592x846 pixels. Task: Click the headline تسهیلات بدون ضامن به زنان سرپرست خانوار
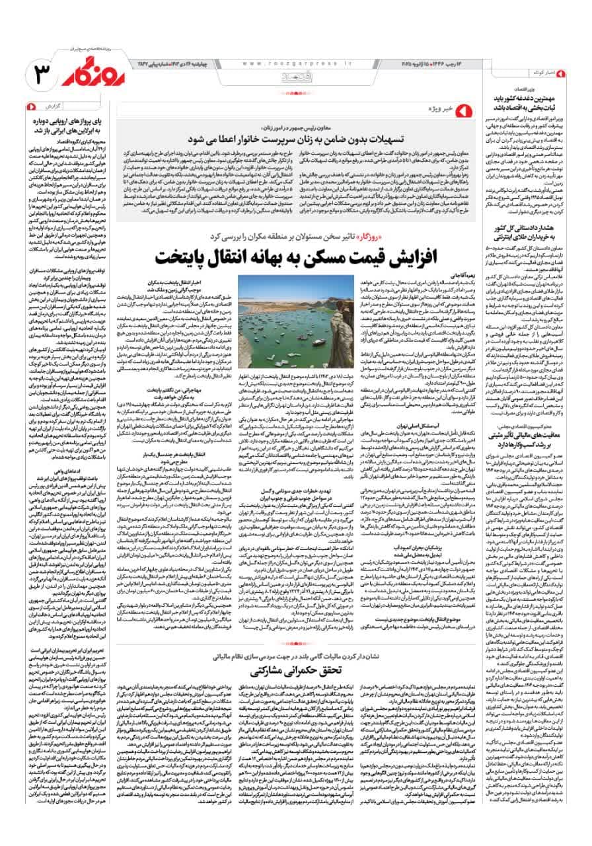click(x=290, y=139)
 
